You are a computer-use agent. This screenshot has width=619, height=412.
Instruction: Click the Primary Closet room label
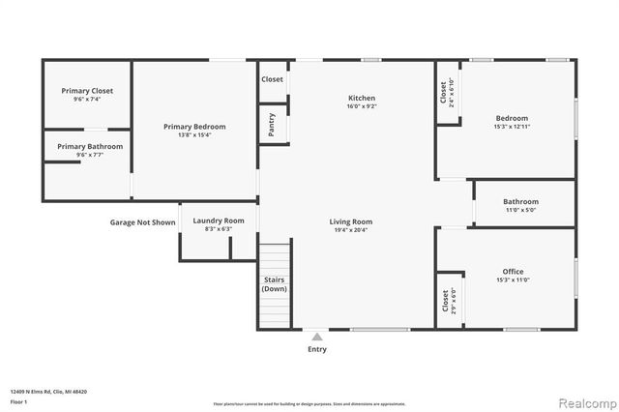point(86,91)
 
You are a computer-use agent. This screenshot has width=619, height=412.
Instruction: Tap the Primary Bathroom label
point(89,146)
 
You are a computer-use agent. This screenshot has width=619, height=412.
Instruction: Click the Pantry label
point(272,125)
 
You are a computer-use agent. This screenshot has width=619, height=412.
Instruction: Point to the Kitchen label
point(362,98)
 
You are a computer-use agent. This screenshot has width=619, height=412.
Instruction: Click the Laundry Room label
point(219,221)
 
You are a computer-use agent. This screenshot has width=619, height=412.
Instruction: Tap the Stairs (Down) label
point(275,284)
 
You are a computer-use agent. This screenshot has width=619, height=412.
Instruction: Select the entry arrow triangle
point(317,337)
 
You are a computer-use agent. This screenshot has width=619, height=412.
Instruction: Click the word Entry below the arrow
point(317,349)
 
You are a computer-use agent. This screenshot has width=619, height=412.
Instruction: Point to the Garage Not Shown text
point(142,221)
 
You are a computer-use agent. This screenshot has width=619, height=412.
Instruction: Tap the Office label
point(513,272)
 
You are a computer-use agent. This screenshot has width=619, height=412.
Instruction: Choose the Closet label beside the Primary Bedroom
point(272,79)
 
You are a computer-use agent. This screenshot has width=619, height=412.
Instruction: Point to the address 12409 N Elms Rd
point(48,392)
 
